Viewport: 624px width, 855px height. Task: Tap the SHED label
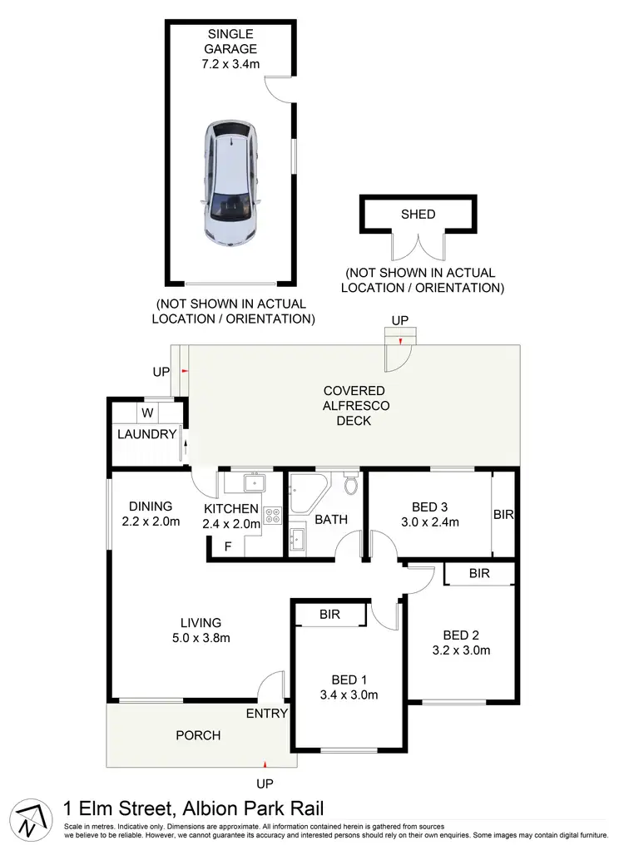(x=418, y=214)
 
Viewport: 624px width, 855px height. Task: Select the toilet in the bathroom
(x=351, y=484)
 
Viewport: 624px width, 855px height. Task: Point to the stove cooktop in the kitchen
(x=272, y=515)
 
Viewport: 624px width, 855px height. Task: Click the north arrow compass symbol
(x=29, y=819)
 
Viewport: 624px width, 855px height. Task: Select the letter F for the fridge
(x=228, y=546)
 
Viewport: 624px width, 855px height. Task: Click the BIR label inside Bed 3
(x=503, y=515)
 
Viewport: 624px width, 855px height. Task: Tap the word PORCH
(x=198, y=735)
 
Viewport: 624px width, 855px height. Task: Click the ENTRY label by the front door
(x=266, y=714)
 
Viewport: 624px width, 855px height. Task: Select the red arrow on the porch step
(x=265, y=763)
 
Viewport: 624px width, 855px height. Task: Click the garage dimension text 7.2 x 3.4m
(x=230, y=63)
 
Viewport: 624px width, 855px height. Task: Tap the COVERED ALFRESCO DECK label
(x=354, y=405)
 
